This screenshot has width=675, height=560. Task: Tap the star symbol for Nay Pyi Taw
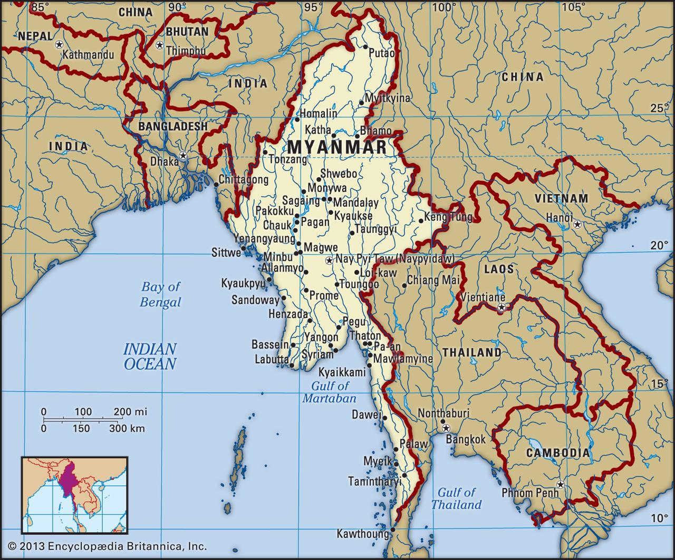click(330, 260)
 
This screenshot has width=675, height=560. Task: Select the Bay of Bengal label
click(160, 294)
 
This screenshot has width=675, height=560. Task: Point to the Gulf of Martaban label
click(330, 392)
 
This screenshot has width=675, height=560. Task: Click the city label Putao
click(381, 53)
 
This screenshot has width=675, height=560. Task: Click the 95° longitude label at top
click(313, 7)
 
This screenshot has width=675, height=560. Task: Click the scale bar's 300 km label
click(127, 428)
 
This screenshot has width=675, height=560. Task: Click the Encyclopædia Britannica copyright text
click(108, 546)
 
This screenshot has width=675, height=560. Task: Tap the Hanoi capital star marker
click(578, 225)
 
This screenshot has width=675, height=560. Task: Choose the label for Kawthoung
click(363, 534)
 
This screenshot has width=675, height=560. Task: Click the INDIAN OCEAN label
click(150, 356)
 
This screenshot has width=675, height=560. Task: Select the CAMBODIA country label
click(557, 453)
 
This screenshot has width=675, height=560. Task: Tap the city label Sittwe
click(226, 252)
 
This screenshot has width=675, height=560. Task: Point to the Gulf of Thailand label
click(456, 498)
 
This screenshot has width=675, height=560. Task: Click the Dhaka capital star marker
click(183, 156)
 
